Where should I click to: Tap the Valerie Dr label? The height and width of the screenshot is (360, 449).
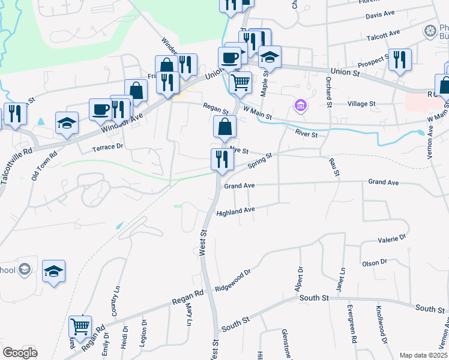392,239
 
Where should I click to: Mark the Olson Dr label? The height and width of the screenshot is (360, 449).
376,263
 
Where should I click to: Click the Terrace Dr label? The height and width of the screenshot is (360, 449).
107,146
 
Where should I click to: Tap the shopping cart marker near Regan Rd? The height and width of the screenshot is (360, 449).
80,326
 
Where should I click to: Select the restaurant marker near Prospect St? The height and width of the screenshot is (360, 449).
400,59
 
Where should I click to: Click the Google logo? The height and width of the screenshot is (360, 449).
20,353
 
